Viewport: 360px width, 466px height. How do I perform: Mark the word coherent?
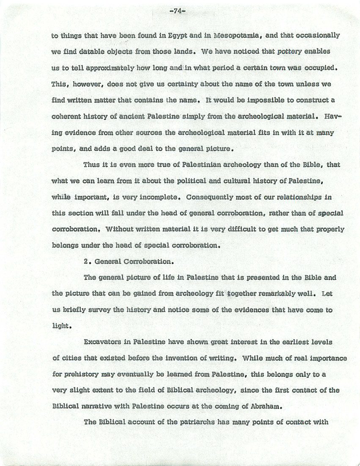tap(66, 116)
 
